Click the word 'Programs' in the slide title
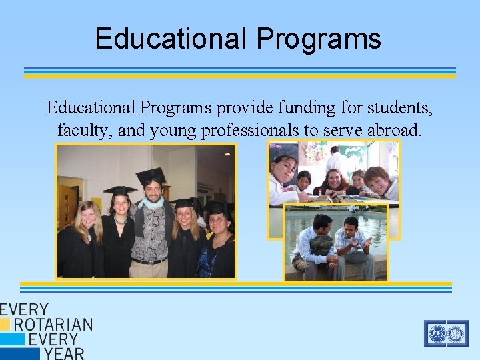(318, 39)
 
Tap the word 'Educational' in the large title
(170, 38)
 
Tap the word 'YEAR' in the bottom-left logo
(64, 353)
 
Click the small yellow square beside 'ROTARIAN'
(5, 325)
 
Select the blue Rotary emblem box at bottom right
(446, 333)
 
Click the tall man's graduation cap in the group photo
(151, 175)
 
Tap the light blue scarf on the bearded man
(153, 203)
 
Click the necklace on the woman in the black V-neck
(120, 220)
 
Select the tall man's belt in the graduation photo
(149, 261)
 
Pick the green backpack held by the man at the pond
(321, 245)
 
